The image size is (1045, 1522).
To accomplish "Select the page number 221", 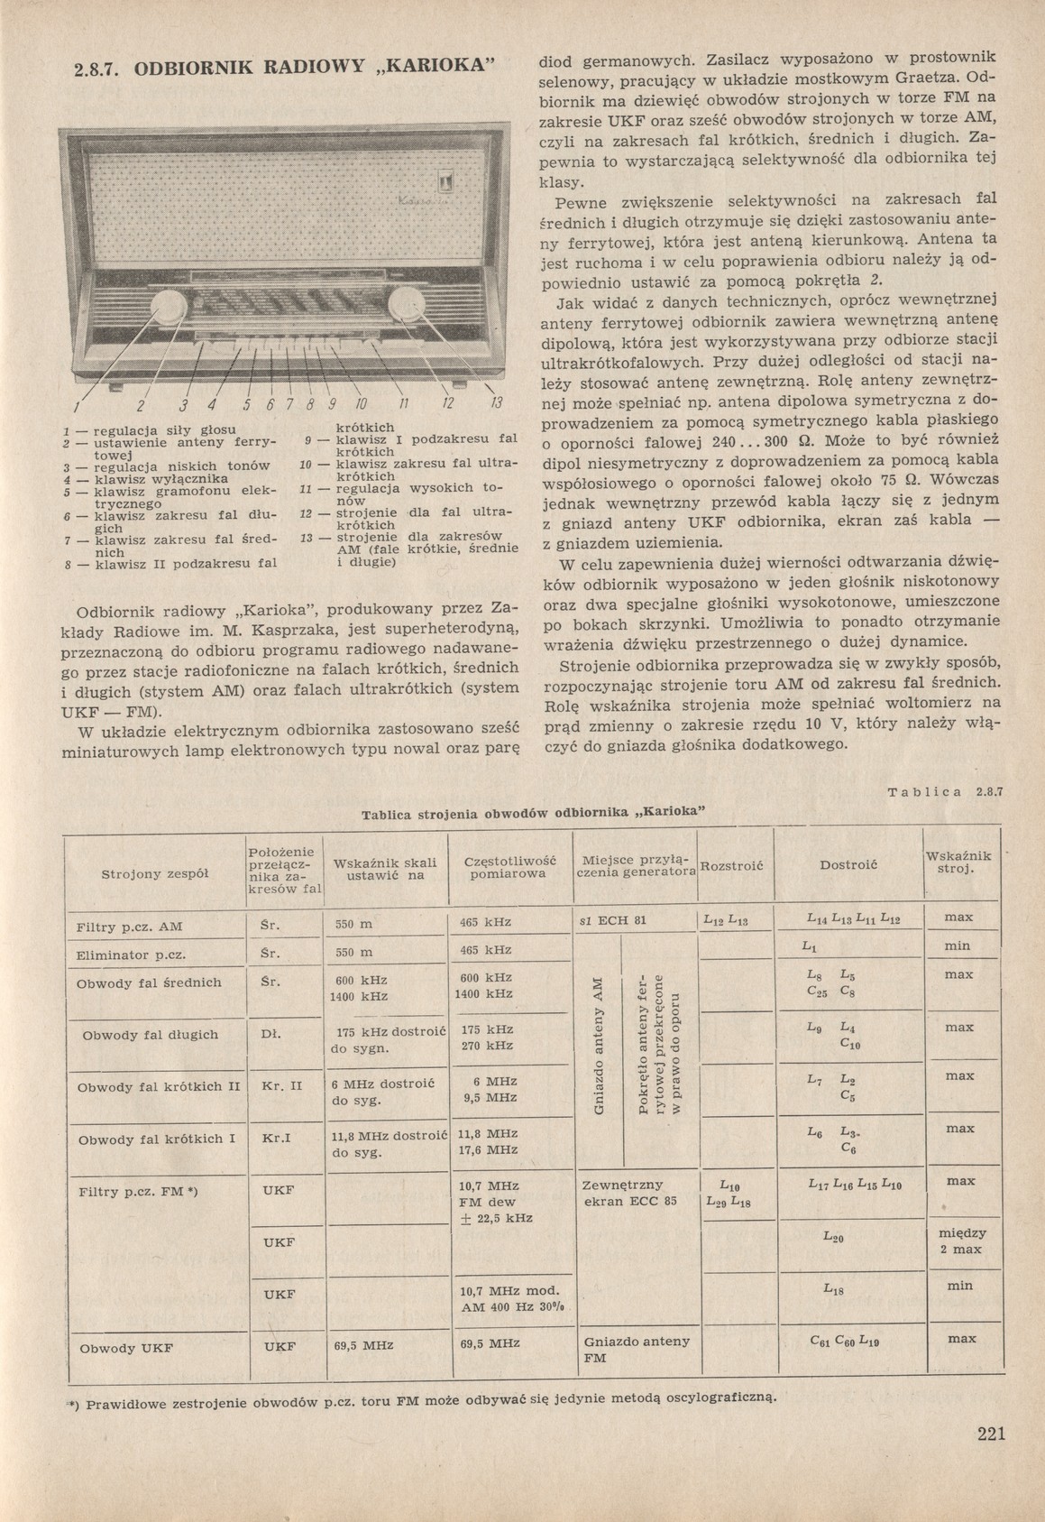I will [991, 1434].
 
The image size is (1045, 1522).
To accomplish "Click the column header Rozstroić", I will [731, 866].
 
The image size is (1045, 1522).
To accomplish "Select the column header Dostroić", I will [848, 865].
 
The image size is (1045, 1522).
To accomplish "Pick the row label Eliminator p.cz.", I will [131, 955].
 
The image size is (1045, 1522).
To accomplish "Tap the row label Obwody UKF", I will [126, 1349].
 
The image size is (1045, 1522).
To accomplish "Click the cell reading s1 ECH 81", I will [616, 921].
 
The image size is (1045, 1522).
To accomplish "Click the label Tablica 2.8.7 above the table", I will [946, 793].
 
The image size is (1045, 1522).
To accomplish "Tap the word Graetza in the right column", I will [942, 78].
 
